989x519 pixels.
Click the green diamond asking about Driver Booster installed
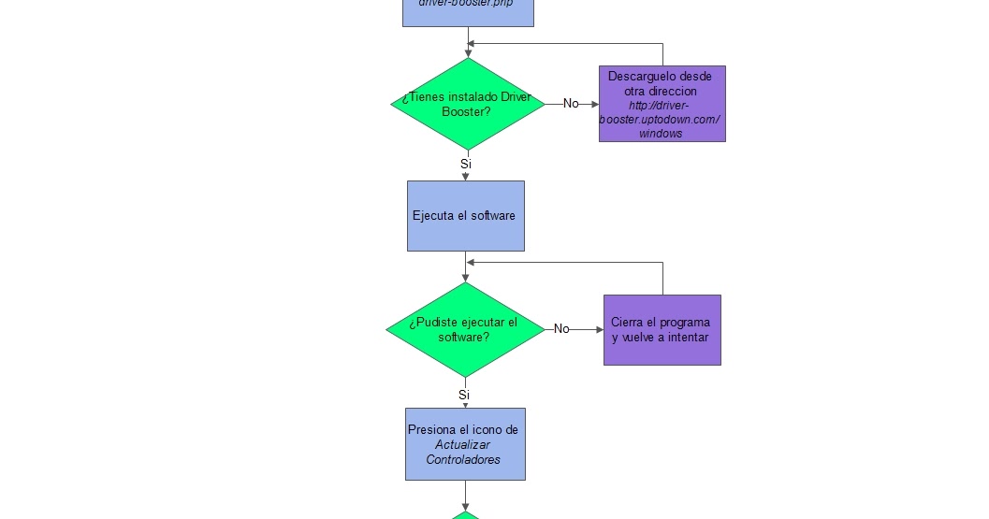click(467, 104)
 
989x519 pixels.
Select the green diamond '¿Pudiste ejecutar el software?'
click(464, 329)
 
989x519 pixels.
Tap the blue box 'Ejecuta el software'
click(465, 216)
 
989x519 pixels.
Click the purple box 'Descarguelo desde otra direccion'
click(662, 104)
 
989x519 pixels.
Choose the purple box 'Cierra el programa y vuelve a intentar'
click(662, 330)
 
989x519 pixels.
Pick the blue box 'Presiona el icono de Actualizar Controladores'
click(465, 444)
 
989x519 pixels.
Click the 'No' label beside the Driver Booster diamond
click(571, 104)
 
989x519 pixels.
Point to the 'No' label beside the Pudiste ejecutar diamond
click(561, 329)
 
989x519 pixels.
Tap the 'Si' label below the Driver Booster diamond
click(466, 164)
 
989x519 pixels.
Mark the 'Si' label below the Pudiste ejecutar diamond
click(464, 395)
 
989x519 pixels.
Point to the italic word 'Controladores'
click(463, 460)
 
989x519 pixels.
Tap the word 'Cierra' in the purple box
click(628, 323)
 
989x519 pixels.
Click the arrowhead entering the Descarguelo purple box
click(594, 105)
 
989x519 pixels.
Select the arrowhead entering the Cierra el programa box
click(599, 329)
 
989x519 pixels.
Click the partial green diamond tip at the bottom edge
click(465, 514)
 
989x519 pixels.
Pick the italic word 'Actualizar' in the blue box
click(463, 445)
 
